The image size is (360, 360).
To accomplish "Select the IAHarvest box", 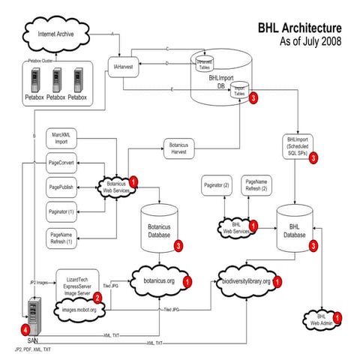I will click(x=124, y=67).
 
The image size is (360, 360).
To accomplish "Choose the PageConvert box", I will click(x=62, y=162).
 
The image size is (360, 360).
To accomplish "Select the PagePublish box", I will click(x=62, y=187).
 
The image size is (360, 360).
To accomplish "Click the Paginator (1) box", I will click(x=62, y=212).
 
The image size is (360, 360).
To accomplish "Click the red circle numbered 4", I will click(x=27, y=328).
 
